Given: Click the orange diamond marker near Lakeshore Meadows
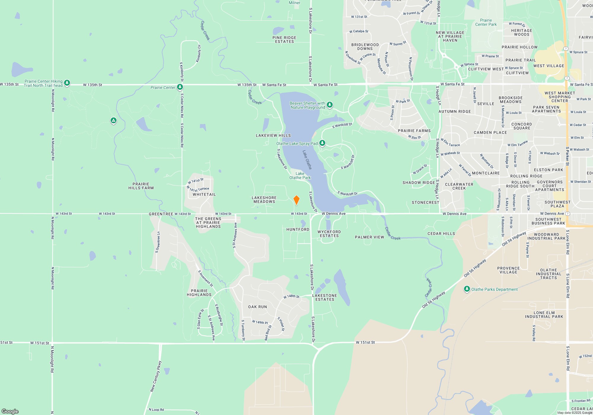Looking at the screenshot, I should click(296, 200).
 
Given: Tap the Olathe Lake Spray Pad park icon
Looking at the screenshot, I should click(322, 143).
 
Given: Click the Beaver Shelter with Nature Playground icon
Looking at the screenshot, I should click(329, 105).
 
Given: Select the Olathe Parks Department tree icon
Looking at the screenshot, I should click(467, 289).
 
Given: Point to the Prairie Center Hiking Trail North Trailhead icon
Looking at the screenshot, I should click(67, 83).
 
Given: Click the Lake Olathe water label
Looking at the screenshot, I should click(307, 160).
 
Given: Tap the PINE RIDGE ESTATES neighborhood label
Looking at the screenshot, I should click(284, 40).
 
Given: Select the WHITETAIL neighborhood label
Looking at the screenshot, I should click(204, 194).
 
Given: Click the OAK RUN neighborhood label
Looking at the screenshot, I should click(257, 307).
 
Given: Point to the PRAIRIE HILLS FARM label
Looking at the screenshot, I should click(141, 186).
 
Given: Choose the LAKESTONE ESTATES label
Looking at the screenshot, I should click(325, 298).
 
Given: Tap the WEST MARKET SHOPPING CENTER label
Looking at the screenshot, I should click(560, 97).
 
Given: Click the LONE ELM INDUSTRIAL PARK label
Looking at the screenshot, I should click(544, 315).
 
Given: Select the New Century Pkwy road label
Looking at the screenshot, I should click(156, 376).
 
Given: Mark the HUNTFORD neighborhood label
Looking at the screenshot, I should click(298, 229).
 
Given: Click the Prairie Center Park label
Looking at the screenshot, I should click(486, 23).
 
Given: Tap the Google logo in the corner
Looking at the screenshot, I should click(10, 411).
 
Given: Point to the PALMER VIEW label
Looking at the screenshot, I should click(369, 237).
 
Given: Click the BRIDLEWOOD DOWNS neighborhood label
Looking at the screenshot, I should click(365, 47).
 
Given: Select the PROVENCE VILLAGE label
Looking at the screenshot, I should click(508, 270).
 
